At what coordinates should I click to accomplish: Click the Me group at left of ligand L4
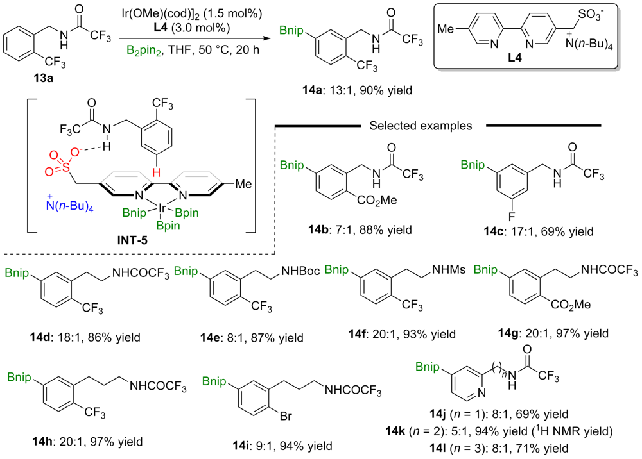(x=453, y=28)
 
